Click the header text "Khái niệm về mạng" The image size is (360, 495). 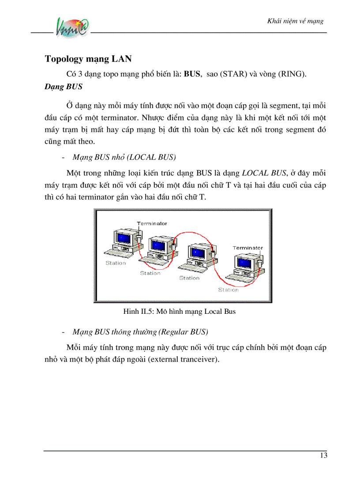[x=296, y=21]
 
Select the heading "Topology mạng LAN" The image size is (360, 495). [x=88, y=59]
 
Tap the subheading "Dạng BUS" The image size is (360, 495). [x=63, y=87]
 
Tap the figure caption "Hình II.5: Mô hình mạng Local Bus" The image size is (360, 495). [x=179, y=312]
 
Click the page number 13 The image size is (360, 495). [x=323, y=456]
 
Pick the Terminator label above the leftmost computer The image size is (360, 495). [x=152, y=223]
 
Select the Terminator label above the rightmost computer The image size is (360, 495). [x=247, y=248]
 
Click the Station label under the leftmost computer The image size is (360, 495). [x=116, y=263]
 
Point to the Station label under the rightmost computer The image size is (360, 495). [x=228, y=290]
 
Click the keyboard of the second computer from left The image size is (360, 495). [x=153, y=263]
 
